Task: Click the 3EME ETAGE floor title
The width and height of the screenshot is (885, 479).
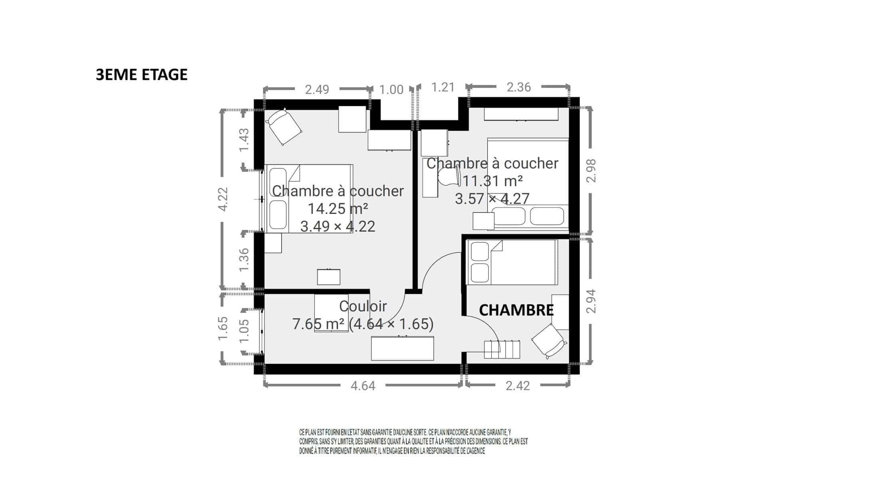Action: [141, 75]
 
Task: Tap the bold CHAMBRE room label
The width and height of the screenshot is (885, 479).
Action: [516, 310]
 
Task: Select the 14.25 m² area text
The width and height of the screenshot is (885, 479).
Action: [337, 209]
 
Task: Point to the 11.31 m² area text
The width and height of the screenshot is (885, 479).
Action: [492, 181]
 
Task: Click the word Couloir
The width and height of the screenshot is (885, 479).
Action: [363, 306]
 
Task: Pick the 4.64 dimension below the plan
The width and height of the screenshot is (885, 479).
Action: [363, 386]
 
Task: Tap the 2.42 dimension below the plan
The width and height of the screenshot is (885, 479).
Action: [518, 386]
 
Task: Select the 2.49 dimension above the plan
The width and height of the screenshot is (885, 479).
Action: [317, 89]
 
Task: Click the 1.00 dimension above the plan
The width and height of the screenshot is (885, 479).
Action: [391, 89]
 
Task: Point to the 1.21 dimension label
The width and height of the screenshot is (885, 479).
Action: [443, 87]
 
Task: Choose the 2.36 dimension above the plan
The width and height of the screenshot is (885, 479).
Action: [518, 87]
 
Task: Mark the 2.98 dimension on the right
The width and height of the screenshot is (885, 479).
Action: [591, 171]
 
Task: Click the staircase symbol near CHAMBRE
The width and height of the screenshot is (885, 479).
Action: [502, 349]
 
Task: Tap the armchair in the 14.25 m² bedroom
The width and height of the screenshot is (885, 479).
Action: [284, 127]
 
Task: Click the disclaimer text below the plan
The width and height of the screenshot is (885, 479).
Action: [413, 442]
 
